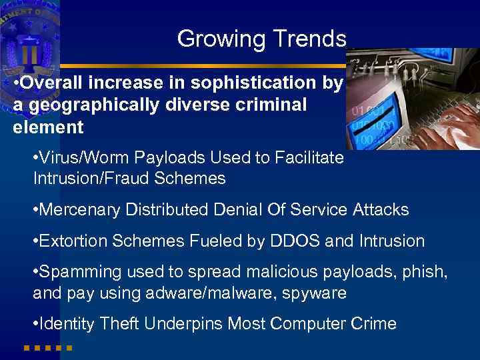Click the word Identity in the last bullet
(x=67, y=324)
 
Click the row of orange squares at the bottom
(x=47, y=348)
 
